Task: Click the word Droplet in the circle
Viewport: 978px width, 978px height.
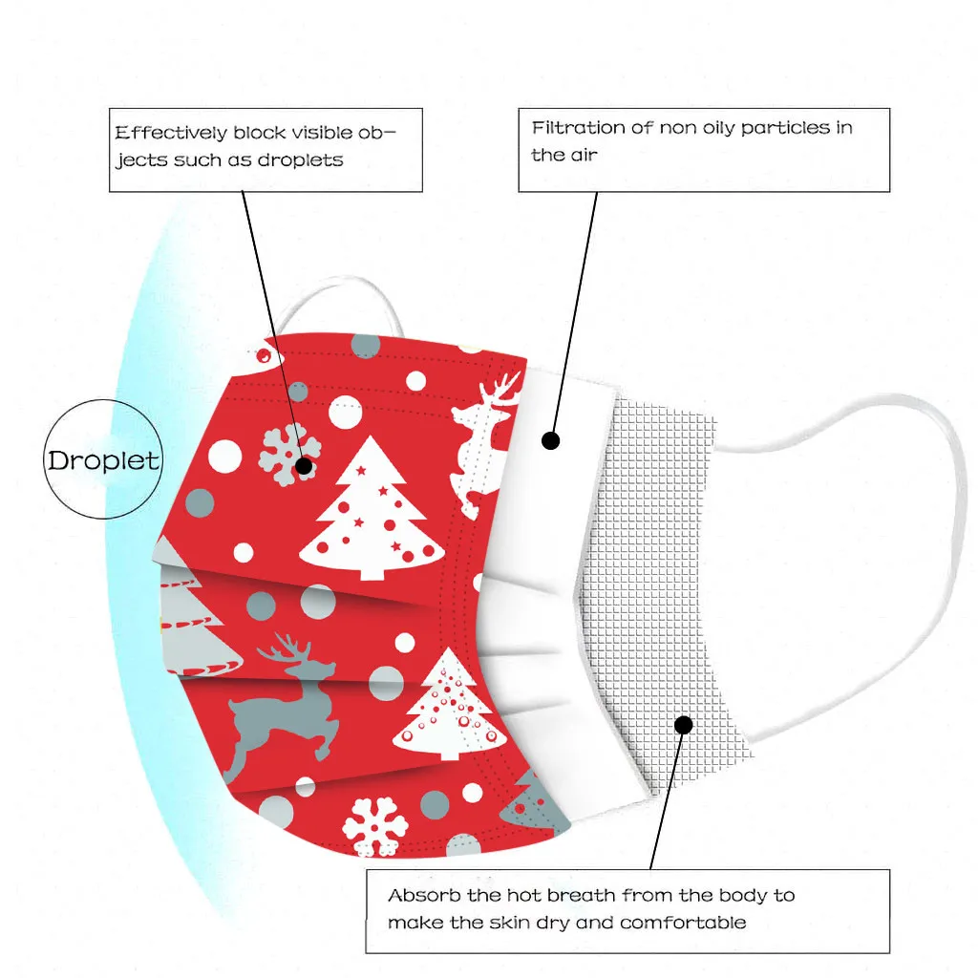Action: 103,460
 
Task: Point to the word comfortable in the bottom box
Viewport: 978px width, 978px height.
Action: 683,923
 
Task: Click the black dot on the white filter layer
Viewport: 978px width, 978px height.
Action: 550,440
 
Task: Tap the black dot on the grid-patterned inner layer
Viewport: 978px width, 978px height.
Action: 683,725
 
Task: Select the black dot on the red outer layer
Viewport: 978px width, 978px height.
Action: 304,466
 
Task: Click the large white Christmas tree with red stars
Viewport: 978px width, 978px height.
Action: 371,511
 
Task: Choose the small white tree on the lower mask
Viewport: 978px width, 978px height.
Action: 449,707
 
